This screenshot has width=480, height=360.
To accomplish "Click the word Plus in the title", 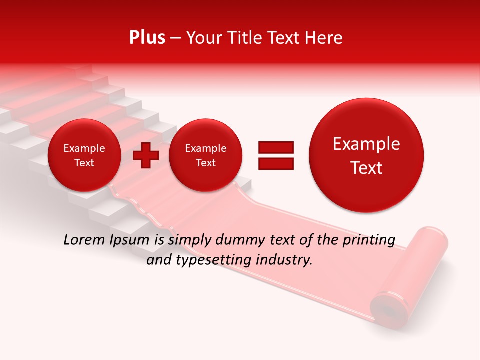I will [147, 38].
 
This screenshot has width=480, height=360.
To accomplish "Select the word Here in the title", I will [325, 38].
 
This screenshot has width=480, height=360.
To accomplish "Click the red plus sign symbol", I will [146, 155].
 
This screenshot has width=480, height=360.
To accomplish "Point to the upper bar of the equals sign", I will [275, 147].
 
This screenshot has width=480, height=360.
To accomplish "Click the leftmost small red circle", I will [84, 155].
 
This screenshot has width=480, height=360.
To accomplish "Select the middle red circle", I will [205, 155].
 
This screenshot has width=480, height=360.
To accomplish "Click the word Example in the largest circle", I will [366, 144].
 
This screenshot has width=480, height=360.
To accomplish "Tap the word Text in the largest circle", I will [366, 168].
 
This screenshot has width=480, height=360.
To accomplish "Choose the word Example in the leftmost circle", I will [84, 148].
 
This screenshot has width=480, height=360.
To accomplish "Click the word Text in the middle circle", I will [205, 163].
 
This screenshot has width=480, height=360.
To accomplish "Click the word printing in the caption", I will [369, 240].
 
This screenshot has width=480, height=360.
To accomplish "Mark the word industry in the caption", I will [285, 260].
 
